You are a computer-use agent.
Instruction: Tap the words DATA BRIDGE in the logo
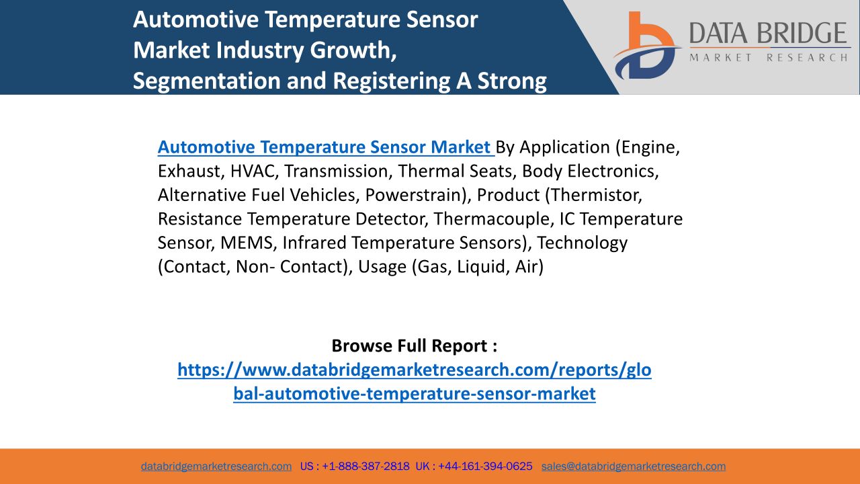[x=768, y=33]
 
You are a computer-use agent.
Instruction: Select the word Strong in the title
[x=512, y=81]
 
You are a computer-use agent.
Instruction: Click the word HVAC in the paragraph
[x=254, y=171]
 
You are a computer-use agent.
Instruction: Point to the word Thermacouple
[x=494, y=219]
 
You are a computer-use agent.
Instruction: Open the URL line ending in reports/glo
[x=415, y=370]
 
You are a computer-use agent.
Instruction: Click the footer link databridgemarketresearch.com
[x=216, y=467]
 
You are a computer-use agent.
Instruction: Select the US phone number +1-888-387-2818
[x=366, y=467]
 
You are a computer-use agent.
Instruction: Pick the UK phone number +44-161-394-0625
[x=485, y=467]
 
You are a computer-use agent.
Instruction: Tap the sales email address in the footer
[x=634, y=467]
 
